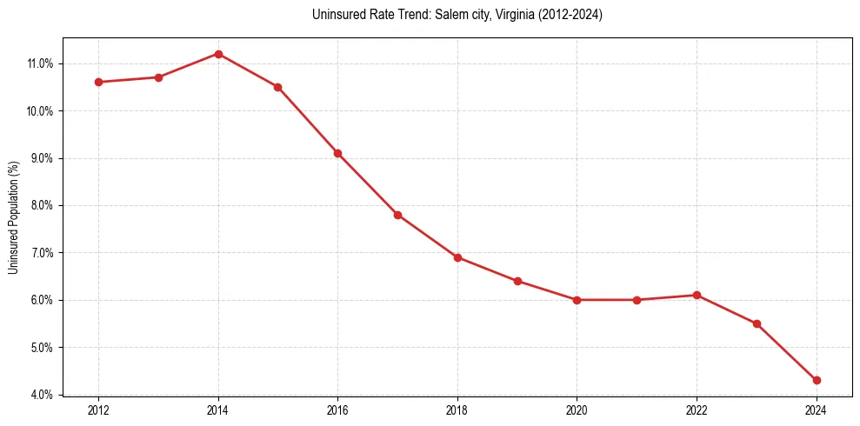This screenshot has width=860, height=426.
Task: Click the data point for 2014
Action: coord(218,54)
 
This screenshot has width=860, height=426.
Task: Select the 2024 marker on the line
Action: coord(817,380)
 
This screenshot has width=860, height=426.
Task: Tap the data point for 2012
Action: coord(98,82)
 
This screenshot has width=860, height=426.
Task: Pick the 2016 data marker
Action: coord(337,153)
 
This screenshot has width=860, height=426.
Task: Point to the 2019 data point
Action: coord(517,281)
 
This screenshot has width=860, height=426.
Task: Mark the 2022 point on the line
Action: coord(697,295)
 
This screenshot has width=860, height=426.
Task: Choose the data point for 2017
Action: coord(397,215)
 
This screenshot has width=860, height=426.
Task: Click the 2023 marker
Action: coord(757,323)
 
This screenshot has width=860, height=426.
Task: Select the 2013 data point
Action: coord(158,77)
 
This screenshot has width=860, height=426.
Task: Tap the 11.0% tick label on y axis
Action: coord(41,63)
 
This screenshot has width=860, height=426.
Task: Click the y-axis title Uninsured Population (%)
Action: coord(14,216)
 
